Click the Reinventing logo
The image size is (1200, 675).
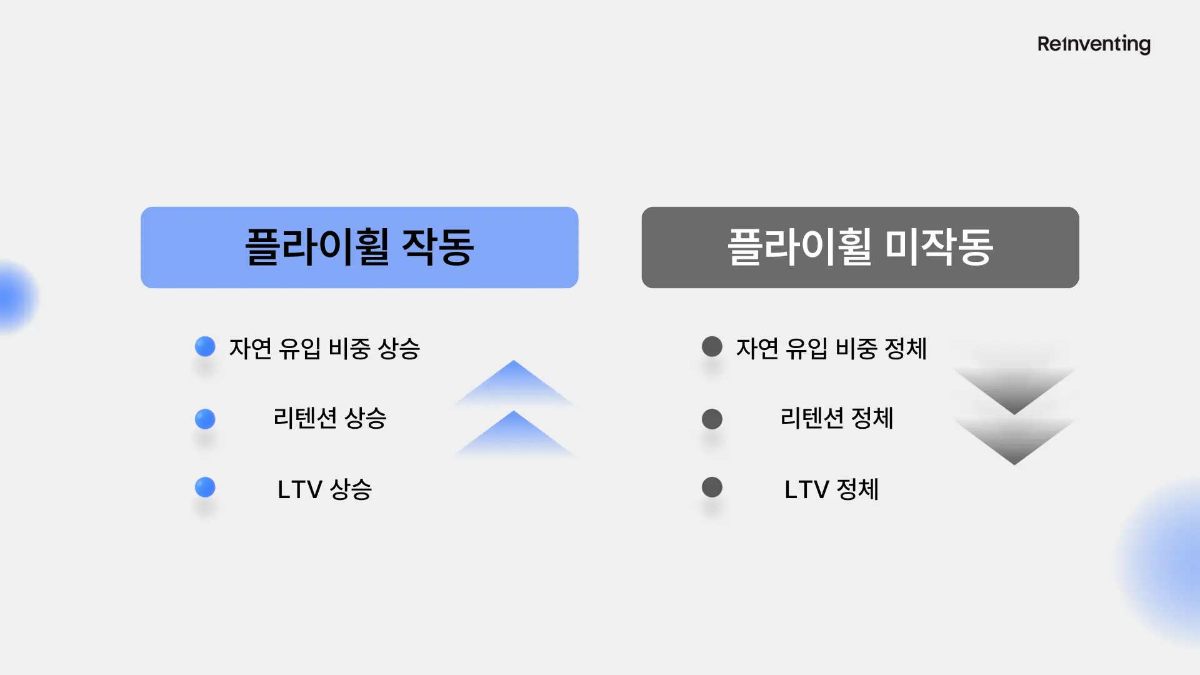pyautogui.click(x=1094, y=44)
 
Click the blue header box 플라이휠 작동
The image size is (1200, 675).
pyautogui.click(x=359, y=247)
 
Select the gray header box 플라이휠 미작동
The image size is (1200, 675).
pyautogui.click(x=860, y=247)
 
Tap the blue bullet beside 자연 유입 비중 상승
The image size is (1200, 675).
pyautogui.click(x=205, y=346)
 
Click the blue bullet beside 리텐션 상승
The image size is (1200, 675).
pyautogui.click(x=205, y=419)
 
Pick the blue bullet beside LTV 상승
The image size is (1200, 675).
pyautogui.click(x=205, y=487)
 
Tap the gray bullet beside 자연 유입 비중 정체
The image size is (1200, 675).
pyautogui.click(x=712, y=346)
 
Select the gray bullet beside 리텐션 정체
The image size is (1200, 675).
pyautogui.click(x=712, y=419)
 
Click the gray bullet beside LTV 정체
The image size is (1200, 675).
pyautogui.click(x=712, y=487)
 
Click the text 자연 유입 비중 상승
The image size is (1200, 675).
pyautogui.click(x=324, y=349)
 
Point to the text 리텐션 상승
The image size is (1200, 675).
pyautogui.click(x=330, y=418)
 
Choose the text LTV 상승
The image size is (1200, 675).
pyautogui.click(x=324, y=489)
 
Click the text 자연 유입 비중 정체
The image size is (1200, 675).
pyautogui.click(x=831, y=349)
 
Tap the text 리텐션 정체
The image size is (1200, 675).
pyautogui.click(x=837, y=418)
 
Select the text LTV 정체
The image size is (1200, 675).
pyautogui.click(x=831, y=489)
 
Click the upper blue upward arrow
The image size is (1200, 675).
pyautogui.click(x=514, y=382)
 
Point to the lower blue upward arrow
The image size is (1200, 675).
pyautogui.click(x=514, y=433)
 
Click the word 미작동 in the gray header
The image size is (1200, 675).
pyautogui.click(x=939, y=247)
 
